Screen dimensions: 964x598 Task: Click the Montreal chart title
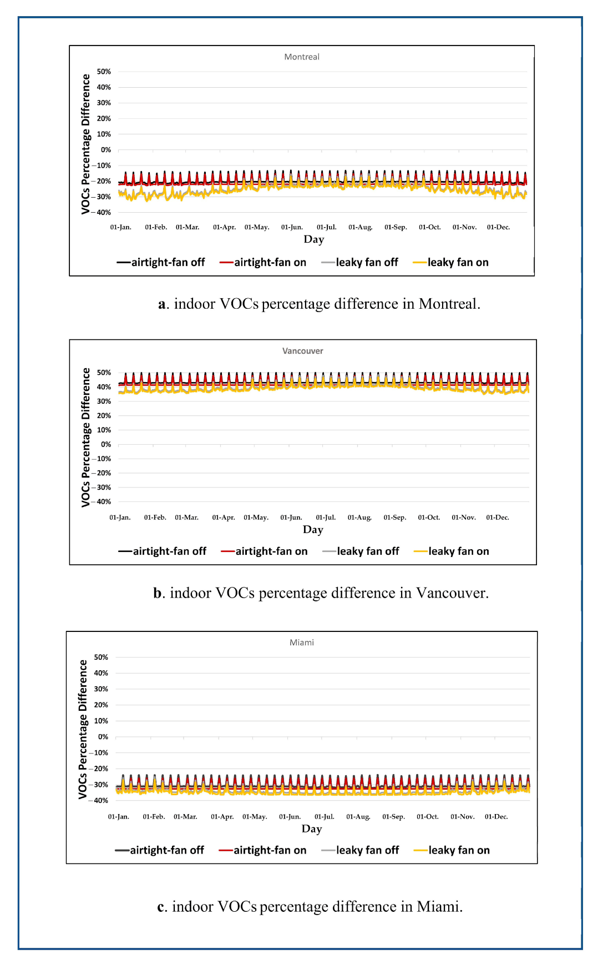[302, 57]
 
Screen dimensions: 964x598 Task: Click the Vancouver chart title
[302, 351]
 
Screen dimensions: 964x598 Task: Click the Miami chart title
[302, 642]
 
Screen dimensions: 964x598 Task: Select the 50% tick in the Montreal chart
[104, 72]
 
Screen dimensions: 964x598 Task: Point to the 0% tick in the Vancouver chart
[105, 444]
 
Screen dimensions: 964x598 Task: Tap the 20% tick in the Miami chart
[101, 705]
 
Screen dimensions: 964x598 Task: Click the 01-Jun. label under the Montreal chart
[292, 227]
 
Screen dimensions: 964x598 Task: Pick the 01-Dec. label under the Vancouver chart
[498, 518]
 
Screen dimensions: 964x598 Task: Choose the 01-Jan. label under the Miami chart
[119, 817]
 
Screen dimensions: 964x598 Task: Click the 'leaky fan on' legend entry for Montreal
[458, 263]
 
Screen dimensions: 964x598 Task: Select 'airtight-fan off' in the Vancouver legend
[169, 551]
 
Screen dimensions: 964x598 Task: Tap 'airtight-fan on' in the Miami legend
[270, 850]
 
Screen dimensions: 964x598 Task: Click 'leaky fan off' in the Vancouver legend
[368, 551]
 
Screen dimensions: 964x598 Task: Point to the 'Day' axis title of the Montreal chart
[314, 239]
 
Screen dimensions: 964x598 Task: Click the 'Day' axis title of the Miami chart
[312, 829]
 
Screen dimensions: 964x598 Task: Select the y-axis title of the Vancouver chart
[85, 437]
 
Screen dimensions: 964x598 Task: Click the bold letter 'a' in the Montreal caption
[162, 304]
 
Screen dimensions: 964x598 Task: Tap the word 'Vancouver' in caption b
[452, 593]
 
